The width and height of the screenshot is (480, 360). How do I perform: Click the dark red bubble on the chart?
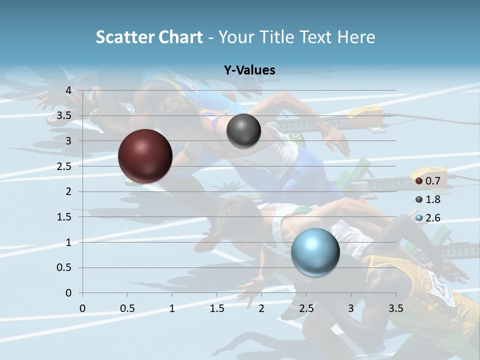coord(145,156)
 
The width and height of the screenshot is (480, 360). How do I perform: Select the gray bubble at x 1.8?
coord(243,130)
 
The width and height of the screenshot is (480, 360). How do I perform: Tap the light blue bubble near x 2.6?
coord(315,252)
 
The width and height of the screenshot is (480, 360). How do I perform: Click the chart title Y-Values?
coord(249,70)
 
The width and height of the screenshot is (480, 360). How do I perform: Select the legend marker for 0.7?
coord(419,181)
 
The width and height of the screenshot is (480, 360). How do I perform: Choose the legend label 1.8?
coord(432,199)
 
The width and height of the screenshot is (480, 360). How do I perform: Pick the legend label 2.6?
coord(432,218)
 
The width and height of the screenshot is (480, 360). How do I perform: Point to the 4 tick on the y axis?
coord(69,90)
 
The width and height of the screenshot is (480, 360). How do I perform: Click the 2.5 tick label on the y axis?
coord(64,166)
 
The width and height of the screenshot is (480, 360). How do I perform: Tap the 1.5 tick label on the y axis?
coord(64,217)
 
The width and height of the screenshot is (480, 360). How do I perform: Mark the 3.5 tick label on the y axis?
coord(64,115)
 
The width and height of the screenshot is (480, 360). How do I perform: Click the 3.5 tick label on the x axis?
coord(395,308)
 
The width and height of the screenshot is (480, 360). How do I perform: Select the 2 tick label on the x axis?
coord(261,308)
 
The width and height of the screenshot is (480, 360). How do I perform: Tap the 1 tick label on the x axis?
coord(172,308)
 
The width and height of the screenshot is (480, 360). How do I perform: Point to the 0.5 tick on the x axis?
coord(127,308)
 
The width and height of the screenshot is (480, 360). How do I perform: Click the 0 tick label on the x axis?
coord(82,308)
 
